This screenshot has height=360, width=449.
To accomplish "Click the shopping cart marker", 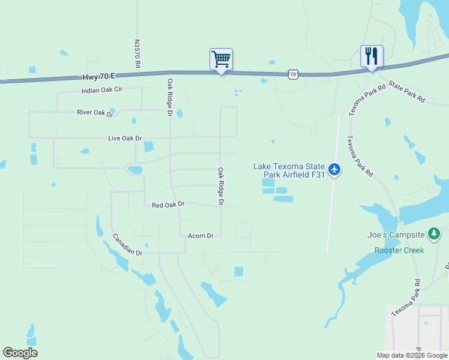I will click(221, 59).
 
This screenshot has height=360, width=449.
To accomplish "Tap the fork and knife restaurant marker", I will click(372, 56).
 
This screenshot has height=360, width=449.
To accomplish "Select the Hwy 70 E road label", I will click(98, 77).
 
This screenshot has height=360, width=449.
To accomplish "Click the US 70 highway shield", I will click(292, 74).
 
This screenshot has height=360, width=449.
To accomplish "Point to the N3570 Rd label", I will click(137, 53).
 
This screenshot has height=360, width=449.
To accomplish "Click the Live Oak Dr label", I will click(124, 138).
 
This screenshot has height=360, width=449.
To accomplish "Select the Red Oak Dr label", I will click(167, 205).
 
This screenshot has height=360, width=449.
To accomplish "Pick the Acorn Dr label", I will click(200, 236).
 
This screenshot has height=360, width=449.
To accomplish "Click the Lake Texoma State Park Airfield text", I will click(289, 170).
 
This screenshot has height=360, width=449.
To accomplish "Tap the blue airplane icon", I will click(335, 170).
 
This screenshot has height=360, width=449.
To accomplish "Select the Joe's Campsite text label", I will click(396, 235).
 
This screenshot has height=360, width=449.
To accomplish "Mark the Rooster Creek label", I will click(399, 250).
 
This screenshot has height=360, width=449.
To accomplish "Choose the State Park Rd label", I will click(406, 91).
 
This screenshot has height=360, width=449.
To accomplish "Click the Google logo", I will click(20, 353).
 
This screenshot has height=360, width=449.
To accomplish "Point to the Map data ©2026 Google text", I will click(412, 355).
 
